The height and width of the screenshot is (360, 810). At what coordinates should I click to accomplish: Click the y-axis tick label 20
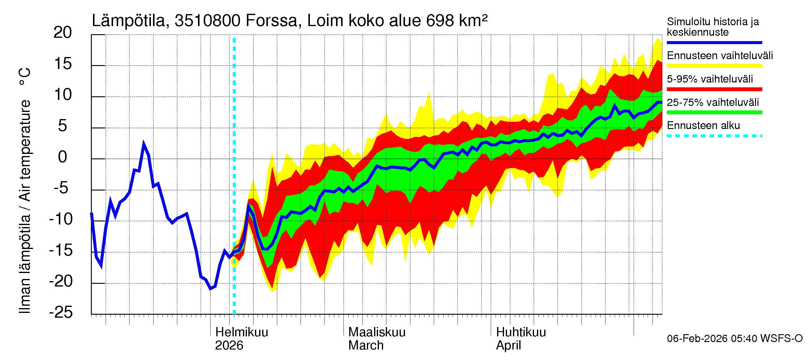(x=63, y=33)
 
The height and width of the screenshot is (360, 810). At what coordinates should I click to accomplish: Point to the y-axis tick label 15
(x=63, y=64)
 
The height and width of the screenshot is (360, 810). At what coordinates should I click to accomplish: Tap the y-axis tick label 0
(x=63, y=157)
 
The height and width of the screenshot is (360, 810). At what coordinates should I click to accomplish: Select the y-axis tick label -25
(x=61, y=312)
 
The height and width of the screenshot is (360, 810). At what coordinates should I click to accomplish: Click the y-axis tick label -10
(x=61, y=219)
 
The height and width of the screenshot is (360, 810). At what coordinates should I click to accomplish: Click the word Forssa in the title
(x=271, y=21)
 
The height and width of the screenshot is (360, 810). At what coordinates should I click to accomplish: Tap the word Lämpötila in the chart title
(x=129, y=21)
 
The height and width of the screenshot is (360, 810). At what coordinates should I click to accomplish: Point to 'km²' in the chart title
(x=473, y=21)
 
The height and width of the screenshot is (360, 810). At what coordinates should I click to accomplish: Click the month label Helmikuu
(x=241, y=332)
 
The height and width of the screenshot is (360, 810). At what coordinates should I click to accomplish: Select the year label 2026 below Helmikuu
(x=229, y=346)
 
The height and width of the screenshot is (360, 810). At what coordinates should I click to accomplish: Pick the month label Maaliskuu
(x=377, y=332)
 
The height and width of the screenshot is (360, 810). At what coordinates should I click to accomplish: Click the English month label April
(x=508, y=346)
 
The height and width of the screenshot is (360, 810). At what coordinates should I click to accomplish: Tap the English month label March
(x=366, y=346)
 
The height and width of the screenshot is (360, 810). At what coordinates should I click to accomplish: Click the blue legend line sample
(x=714, y=42)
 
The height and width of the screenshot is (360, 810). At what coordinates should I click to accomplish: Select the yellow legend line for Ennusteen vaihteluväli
(x=714, y=66)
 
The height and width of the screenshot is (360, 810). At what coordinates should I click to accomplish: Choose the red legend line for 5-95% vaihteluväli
(x=714, y=89)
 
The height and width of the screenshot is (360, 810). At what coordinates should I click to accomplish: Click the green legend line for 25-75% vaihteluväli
(x=714, y=112)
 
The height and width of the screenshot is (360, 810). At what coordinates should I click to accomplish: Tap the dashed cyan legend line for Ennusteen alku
(x=714, y=136)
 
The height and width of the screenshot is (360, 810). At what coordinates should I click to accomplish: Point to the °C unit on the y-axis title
(x=25, y=76)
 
